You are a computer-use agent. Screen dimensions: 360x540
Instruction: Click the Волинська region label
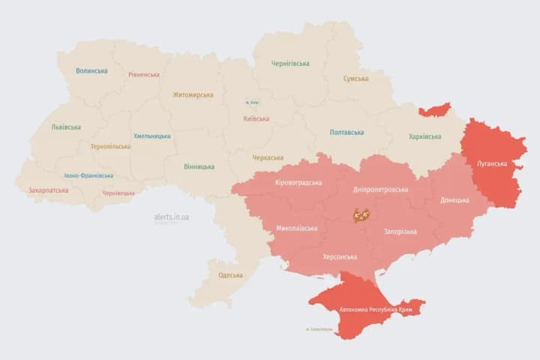coord(91,71)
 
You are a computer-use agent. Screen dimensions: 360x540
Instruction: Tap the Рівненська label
coord(144,75)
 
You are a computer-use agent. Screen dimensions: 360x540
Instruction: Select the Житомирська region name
coord(193,94)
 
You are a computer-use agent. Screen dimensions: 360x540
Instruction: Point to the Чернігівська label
coord(289,64)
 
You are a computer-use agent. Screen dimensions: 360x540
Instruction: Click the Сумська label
coord(355,79)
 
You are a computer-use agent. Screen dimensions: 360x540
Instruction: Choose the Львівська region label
coord(66,127)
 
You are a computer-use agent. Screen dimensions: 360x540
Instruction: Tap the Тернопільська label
coord(110,146)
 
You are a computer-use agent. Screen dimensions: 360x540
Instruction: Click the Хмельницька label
coord(151,136)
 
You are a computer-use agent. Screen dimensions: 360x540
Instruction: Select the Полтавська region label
coord(346,133)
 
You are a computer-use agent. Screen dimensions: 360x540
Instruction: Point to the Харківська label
coord(424,136)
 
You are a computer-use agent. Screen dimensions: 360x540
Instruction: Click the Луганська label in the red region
coord(492,163)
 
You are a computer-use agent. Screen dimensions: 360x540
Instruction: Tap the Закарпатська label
coord(49,190)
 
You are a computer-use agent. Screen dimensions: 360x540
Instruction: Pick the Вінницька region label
coord(199,166)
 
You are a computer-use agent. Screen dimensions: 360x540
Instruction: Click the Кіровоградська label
coord(298,183)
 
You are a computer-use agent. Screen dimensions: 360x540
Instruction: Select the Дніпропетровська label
coord(381,189)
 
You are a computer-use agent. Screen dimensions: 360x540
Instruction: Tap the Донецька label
coord(454,200)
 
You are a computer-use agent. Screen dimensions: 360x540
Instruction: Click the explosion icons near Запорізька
coord(361,215)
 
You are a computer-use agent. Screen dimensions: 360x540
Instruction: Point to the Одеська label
coord(230,275)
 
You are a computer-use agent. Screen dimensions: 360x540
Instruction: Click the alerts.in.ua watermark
coord(172,217)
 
